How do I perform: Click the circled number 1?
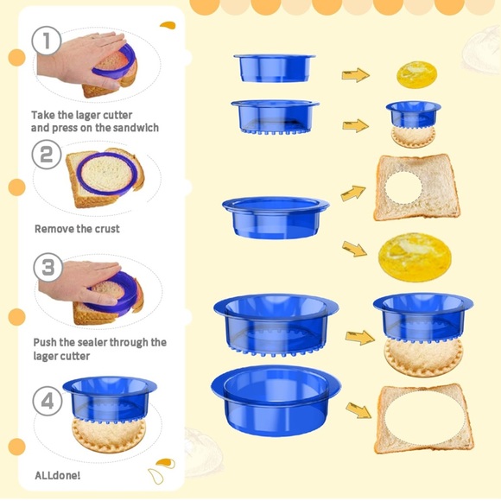tap(47, 41)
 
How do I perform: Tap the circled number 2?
tap(47, 155)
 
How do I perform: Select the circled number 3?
tap(48, 267)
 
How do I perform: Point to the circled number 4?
tap(48, 401)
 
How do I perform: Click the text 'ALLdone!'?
tap(58, 475)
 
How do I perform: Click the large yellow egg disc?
tap(415, 257)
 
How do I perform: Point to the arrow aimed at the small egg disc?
tap(356, 75)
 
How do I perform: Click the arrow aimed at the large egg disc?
tap(355, 249)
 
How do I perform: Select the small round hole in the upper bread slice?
tap(403, 188)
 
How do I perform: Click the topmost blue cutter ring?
tap(275, 68)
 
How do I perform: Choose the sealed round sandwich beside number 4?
tap(109, 435)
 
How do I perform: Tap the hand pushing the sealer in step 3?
tap(79, 282)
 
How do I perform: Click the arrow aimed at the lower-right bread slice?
tap(358, 410)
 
